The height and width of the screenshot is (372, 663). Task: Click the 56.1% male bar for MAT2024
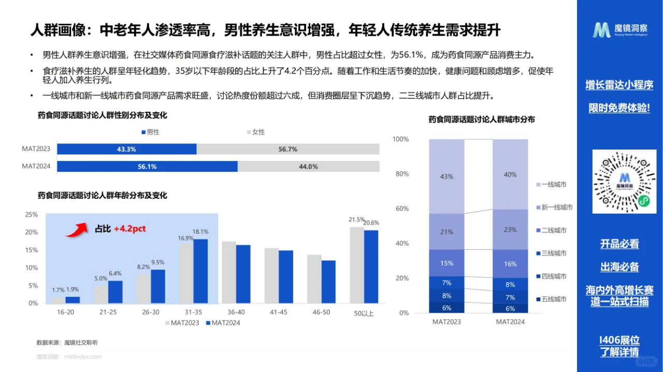(147, 167)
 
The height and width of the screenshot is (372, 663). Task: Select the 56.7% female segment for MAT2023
(287, 149)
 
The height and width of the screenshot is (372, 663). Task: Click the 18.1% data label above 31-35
(200, 232)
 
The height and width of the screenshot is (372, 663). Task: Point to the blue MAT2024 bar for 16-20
(73, 300)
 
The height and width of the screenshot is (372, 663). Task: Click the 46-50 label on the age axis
(321, 312)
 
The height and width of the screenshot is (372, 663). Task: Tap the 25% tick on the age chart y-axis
(32, 215)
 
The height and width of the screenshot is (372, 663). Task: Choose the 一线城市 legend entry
(553, 185)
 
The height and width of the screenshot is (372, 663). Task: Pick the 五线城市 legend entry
(553, 299)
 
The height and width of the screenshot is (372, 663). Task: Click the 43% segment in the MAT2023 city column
(446, 176)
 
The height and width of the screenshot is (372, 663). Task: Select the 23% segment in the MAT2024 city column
(510, 230)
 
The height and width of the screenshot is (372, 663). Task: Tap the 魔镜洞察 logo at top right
(619, 30)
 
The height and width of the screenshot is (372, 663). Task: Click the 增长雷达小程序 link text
(619, 85)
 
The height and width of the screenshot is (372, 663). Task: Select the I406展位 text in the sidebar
(619, 340)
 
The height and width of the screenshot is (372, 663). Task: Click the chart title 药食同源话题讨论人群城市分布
(481, 120)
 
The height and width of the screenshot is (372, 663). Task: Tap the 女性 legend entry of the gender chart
(255, 132)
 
